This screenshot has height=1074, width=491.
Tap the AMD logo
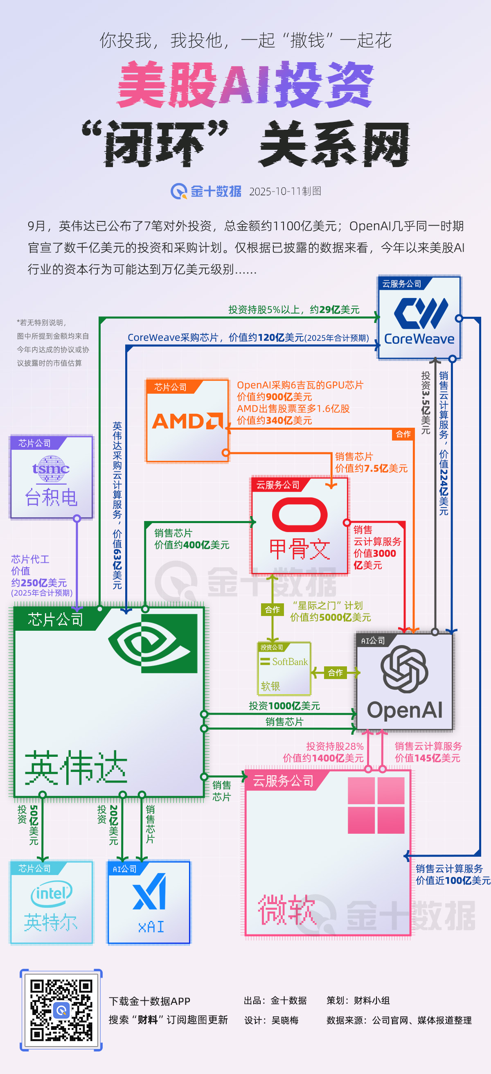187,421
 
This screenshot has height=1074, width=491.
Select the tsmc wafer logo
51,469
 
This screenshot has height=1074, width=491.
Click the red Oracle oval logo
299,514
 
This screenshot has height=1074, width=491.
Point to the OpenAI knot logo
404,669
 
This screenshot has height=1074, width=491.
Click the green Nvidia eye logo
153,643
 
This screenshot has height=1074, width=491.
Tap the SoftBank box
284,668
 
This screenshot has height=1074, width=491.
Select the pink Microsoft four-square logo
376,805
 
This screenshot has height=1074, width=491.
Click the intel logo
51,893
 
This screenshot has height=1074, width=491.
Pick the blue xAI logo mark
150,892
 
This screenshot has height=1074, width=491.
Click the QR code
61,1010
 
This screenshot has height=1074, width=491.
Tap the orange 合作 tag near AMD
403,434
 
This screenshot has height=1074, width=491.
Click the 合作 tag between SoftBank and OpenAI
335,672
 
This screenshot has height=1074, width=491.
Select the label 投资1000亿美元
284,706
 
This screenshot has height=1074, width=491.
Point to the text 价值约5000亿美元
330,617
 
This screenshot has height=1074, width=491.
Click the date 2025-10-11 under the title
275,192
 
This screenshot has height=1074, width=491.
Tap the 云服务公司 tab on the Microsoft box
283,781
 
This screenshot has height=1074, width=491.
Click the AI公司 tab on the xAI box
125,869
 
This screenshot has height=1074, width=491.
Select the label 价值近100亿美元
453,880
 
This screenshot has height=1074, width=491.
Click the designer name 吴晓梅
285,1020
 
